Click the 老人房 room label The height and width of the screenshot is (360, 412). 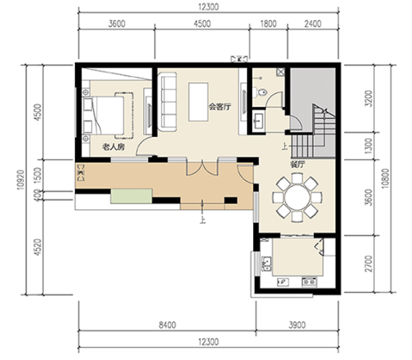(113, 147)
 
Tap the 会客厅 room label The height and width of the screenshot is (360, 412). (220, 107)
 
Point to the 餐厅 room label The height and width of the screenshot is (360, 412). (297, 165)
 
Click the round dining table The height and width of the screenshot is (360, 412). (297, 197)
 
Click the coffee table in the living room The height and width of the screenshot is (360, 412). (198, 102)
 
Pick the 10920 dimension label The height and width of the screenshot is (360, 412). (21, 180)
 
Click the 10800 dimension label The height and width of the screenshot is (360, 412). (386, 179)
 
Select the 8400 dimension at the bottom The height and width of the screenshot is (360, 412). (168, 325)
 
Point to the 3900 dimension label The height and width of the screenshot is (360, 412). (297, 325)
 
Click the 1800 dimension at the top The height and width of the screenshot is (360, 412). (268, 24)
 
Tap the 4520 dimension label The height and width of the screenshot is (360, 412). (38, 247)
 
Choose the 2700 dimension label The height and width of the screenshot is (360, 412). (369, 263)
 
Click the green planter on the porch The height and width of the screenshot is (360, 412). (131, 196)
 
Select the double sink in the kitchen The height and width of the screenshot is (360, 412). (266, 264)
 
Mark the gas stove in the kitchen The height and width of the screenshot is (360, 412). (309, 282)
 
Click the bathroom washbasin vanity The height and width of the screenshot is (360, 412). (258, 120)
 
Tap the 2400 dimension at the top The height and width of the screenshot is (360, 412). (313, 24)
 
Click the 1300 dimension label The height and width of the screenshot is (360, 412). (369, 146)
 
